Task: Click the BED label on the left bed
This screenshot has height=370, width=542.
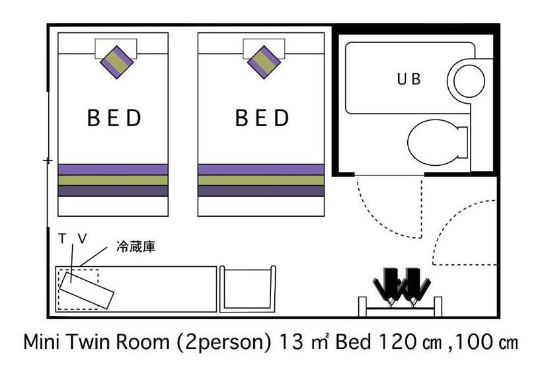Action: click(x=115, y=118)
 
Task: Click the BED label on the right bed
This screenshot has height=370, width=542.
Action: click(x=262, y=118)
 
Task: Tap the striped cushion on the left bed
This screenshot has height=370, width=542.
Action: click(x=117, y=62)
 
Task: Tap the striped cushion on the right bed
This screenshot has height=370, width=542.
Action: click(x=264, y=62)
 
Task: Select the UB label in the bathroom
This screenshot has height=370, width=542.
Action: click(x=408, y=79)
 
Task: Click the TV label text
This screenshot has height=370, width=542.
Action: click(x=72, y=240)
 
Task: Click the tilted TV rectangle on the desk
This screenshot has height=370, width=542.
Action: click(x=86, y=288)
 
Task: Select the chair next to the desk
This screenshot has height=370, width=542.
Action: click(x=248, y=288)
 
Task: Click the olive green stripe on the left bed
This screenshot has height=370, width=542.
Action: click(x=112, y=180)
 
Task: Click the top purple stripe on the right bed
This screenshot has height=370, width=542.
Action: click(x=261, y=169)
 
